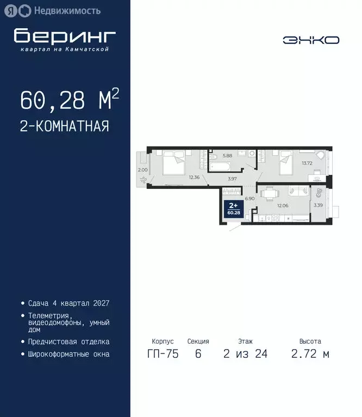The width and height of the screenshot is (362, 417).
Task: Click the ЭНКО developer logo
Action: click(311, 40)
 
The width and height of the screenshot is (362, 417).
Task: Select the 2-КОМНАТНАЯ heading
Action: click(65, 127)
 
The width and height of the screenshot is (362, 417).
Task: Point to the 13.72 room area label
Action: click(307, 163)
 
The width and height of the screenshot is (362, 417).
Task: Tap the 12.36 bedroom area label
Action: click(194, 177)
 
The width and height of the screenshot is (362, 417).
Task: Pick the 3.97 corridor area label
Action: click(232, 179)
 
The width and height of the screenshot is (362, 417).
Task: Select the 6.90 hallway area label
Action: click(249, 199)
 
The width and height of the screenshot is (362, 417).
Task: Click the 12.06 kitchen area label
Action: click(283, 206)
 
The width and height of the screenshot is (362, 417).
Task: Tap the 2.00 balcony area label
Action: click(142, 170)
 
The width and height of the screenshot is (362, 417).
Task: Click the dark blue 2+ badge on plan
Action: click(233, 208)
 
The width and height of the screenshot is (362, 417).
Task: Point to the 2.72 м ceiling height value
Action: click(310, 354)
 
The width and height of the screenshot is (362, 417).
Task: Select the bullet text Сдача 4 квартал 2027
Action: click(68, 303)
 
